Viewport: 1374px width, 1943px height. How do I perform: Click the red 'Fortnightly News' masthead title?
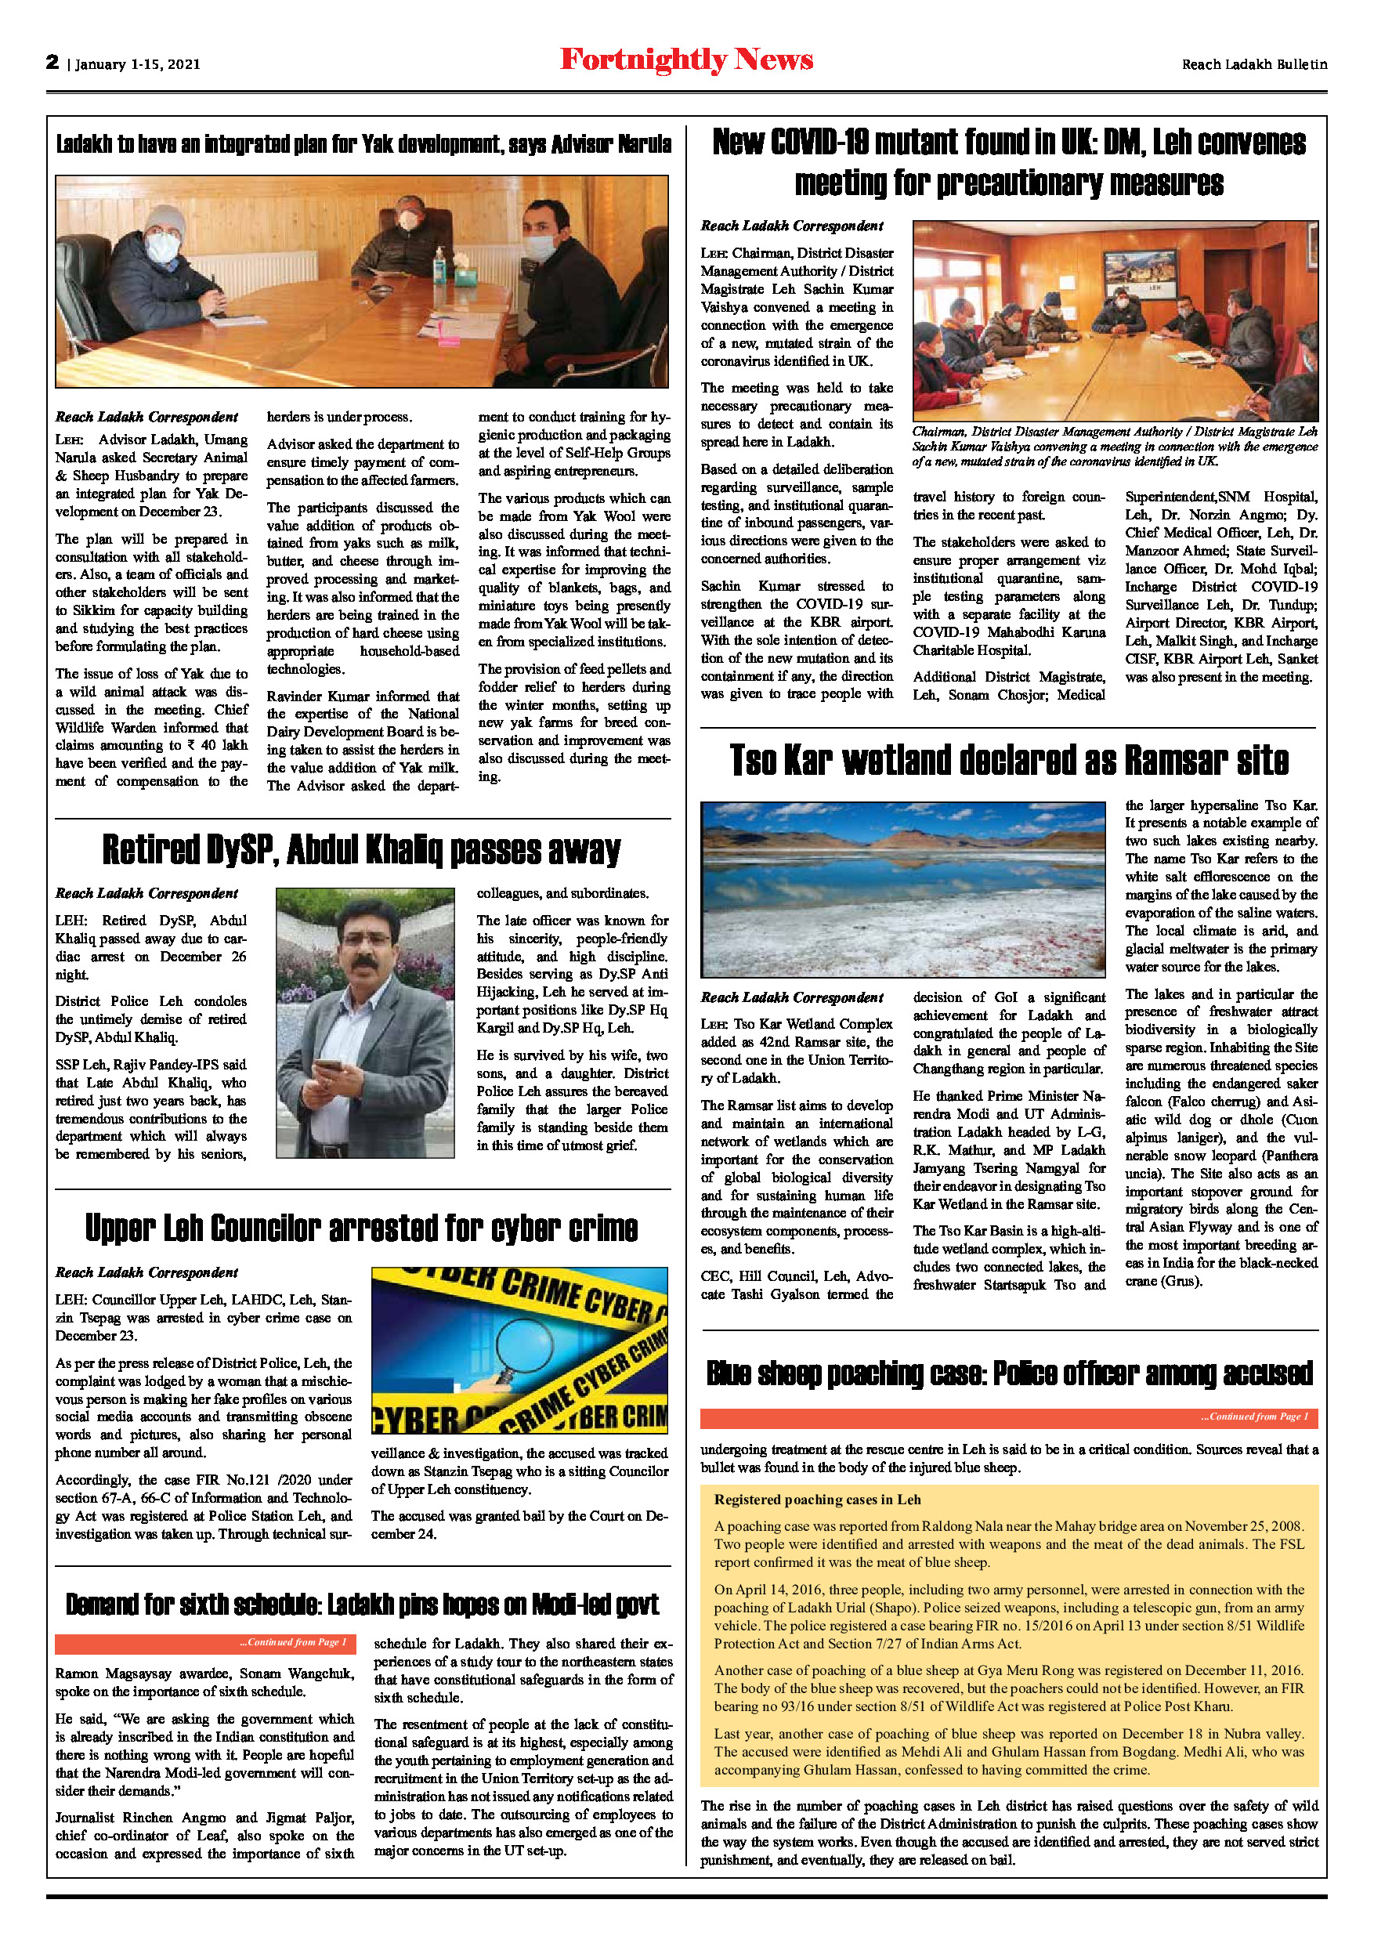pos(686,60)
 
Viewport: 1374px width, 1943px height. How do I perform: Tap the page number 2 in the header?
pos(52,62)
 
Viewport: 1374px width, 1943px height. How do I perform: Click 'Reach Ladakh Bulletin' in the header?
pos(1254,64)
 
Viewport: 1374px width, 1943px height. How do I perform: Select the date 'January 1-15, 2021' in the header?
pos(138,64)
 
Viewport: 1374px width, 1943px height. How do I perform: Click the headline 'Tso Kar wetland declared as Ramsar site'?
pos(1008,760)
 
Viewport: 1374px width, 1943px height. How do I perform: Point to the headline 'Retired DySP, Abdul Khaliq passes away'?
pos(361,849)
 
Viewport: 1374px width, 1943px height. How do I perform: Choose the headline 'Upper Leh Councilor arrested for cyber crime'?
pos(361,1228)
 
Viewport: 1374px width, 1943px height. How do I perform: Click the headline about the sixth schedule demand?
pos(361,1605)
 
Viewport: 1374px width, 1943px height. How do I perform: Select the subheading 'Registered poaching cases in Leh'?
pos(816,1500)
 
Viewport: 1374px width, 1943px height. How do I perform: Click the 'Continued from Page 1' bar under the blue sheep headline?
pos(1008,1417)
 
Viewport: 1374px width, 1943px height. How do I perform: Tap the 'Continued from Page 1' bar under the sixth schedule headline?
pos(205,1643)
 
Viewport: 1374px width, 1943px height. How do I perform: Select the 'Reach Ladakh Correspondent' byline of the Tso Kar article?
pos(791,997)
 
